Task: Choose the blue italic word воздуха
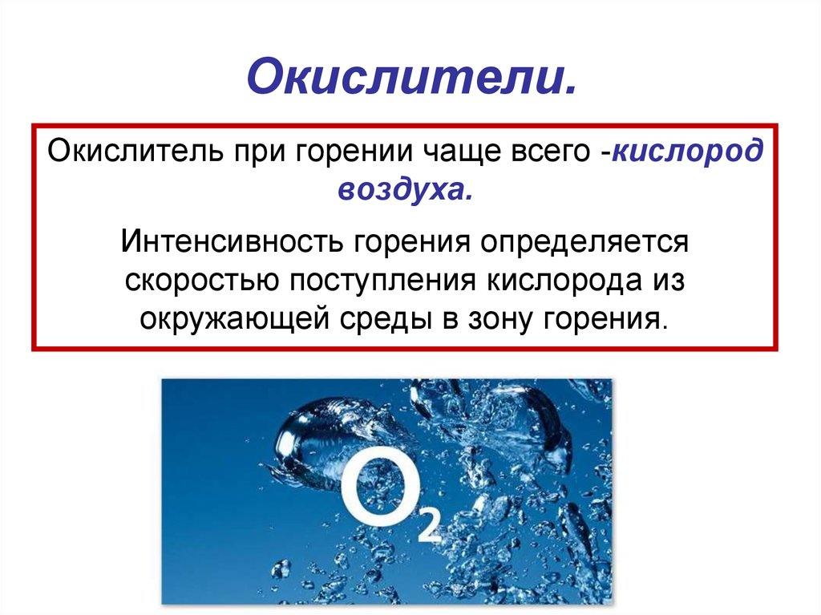pos(405,189)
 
